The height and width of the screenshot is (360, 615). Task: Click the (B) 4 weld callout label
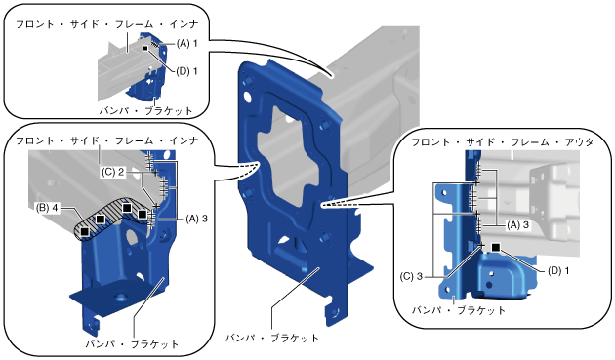47,208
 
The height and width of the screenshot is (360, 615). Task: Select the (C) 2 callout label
112,172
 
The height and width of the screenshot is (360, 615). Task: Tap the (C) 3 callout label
411,276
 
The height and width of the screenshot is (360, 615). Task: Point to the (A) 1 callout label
186,43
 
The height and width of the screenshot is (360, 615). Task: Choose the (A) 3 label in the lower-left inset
196,219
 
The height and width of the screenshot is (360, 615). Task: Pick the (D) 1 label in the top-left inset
186,71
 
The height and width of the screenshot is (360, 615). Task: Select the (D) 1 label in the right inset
558,270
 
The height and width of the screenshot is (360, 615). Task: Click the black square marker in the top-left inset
145,48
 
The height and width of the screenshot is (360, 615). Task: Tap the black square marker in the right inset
496,247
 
